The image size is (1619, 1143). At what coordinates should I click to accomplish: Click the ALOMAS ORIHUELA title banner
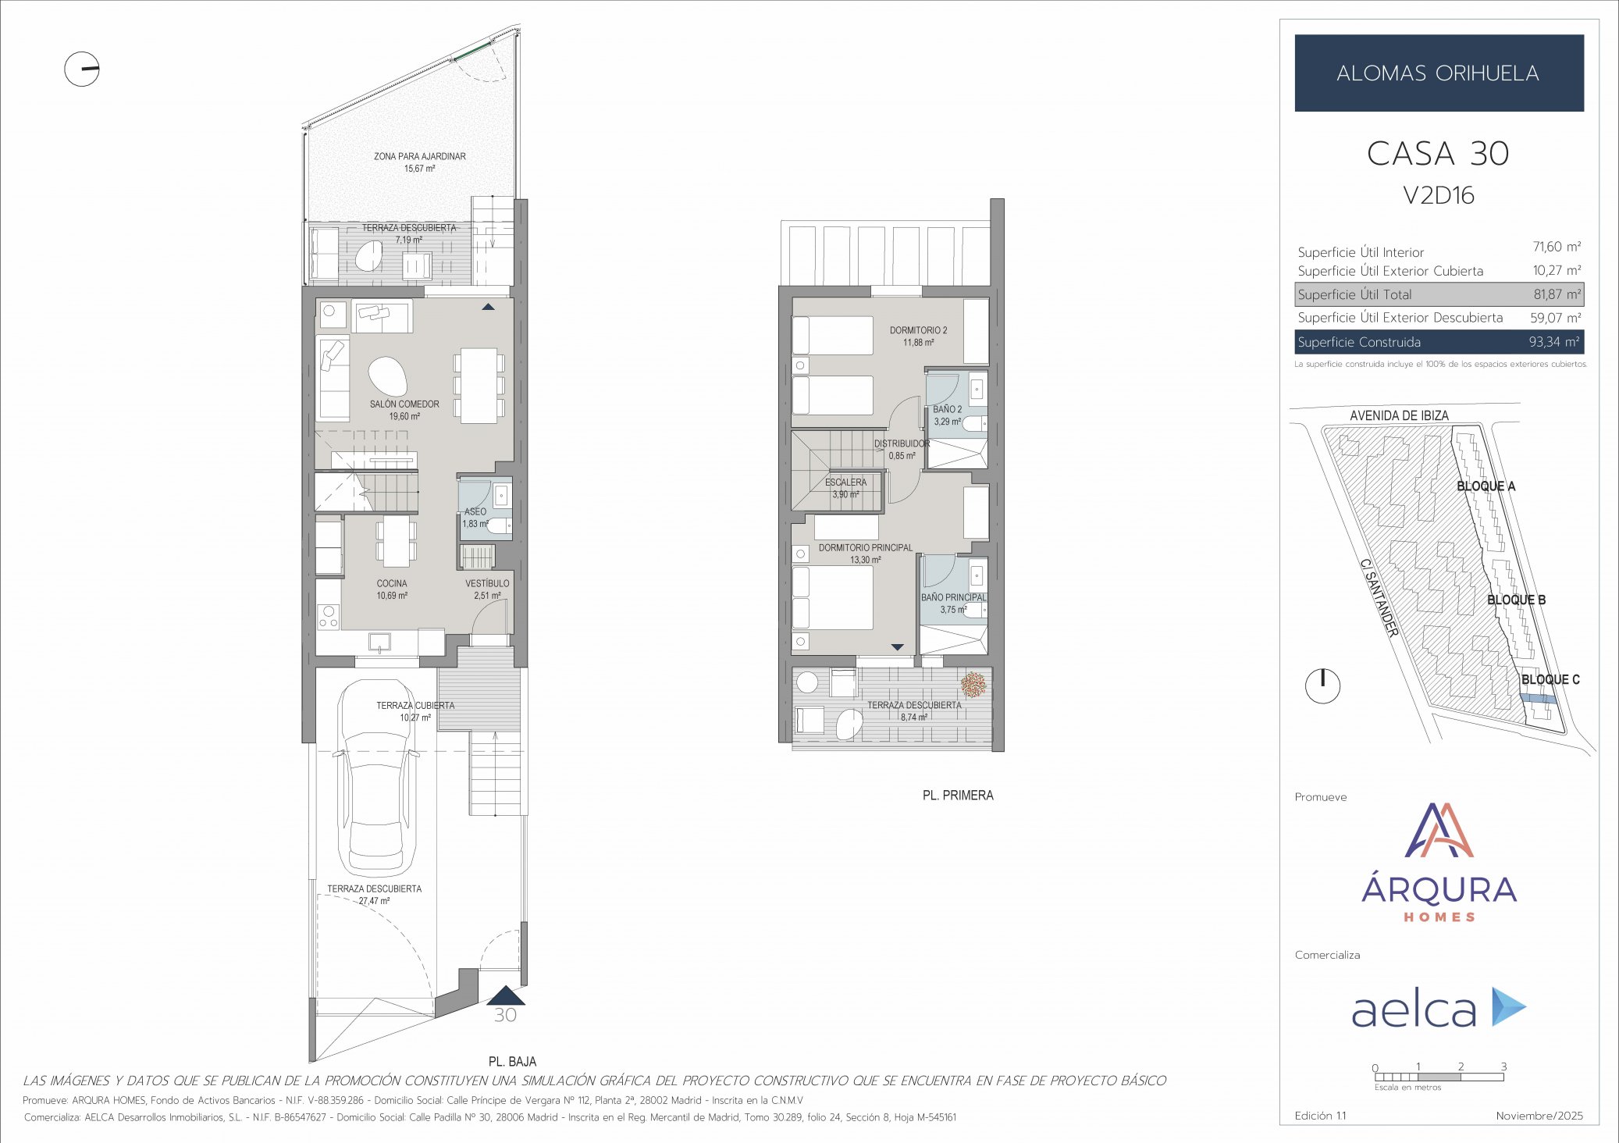(x=1438, y=73)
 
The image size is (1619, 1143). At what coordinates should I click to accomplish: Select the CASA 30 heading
(x=1438, y=154)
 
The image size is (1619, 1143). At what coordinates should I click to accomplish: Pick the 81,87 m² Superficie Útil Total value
(x=1557, y=294)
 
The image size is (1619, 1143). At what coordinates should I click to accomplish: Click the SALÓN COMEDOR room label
(x=404, y=404)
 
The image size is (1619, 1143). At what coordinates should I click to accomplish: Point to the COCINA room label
(x=392, y=584)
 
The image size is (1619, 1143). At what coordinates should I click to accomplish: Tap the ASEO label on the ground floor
(x=475, y=512)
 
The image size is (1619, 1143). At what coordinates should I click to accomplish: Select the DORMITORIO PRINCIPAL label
(x=865, y=548)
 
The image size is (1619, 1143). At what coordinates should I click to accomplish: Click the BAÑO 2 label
(x=947, y=409)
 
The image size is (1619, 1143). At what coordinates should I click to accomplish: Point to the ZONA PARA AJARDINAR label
(x=419, y=157)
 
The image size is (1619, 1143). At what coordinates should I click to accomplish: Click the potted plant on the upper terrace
(x=973, y=685)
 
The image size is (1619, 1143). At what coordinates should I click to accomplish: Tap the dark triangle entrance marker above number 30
(x=506, y=995)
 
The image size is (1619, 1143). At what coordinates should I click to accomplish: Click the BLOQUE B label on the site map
(x=1516, y=600)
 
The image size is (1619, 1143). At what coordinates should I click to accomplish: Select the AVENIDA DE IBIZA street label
(x=1399, y=415)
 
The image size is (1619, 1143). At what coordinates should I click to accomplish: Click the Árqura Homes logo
(x=1438, y=863)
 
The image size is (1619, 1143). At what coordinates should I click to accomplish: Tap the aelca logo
(x=1438, y=1007)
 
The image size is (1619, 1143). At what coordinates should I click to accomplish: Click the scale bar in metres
(x=1438, y=1077)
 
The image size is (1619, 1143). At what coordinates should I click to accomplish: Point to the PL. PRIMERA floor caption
(x=957, y=796)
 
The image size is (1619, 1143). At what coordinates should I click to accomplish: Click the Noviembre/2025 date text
(x=1539, y=1116)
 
